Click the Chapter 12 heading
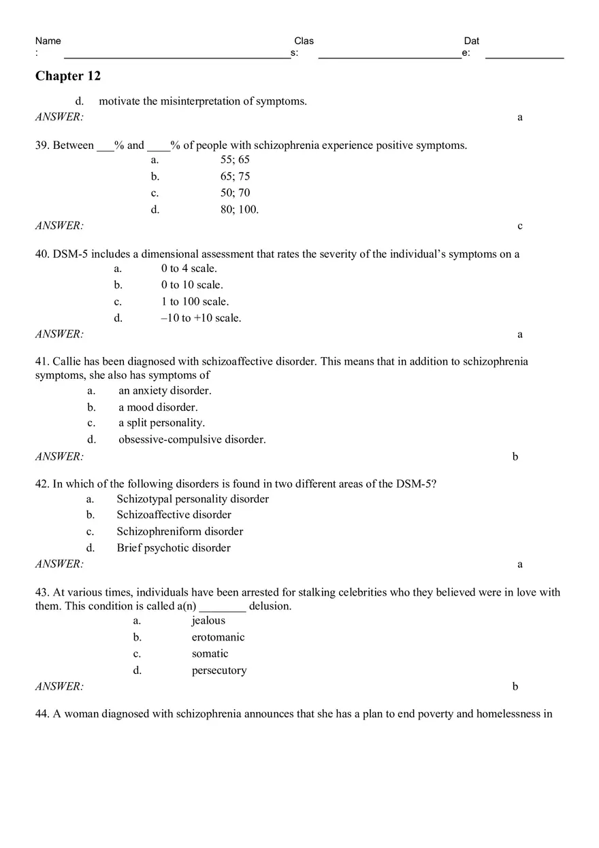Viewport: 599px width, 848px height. (x=68, y=76)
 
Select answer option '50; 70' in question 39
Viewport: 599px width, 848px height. (x=235, y=193)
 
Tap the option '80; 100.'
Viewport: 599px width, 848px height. (x=239, y=209)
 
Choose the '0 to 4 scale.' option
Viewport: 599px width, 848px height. (x=189, y=269)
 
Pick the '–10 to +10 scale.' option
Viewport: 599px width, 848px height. (x=201, y=318)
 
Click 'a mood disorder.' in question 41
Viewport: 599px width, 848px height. (x=158, y=407)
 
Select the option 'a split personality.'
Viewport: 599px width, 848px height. (x=161, y=423)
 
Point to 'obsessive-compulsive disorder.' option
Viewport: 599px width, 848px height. (x=192, y=439)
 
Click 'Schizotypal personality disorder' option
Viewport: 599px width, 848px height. (x=193, y=499)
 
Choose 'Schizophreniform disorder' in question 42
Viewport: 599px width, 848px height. (x=180, y=532)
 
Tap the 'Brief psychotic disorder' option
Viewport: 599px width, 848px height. (x=174, y=548)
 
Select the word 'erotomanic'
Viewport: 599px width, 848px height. (x=218, y=637)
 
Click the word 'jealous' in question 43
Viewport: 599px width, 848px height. (x=208, y=621)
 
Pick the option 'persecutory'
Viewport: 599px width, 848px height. (x=219, y=671)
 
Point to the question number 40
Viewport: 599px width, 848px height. (x=42, y=254)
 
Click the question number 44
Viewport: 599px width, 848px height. (x=42, y=714)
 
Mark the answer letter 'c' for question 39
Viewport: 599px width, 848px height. (x=520, y=226)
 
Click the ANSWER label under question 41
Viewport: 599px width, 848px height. (x=59, y=456)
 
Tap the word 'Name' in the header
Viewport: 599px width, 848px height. (x=48, y=41)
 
